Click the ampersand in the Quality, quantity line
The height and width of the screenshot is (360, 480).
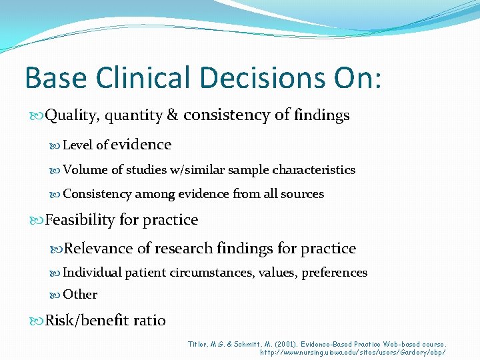coord(172,115)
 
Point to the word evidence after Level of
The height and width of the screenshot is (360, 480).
coord(141,145)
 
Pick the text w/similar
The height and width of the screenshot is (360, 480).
coord(197,170)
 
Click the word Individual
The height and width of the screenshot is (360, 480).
coord(92,273)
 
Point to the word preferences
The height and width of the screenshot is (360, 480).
coord(335,273)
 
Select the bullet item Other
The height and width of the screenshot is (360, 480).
coord(80,295)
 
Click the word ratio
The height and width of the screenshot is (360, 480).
coord(149,321)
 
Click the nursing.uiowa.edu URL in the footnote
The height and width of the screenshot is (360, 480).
coord(353,352)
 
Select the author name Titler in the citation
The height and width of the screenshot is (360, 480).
coord(199,344)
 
